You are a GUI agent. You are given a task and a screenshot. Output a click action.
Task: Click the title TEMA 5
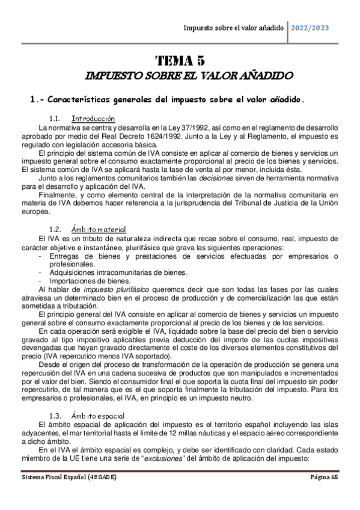point(180,60)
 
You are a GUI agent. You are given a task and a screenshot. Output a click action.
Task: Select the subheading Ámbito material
point(98,229)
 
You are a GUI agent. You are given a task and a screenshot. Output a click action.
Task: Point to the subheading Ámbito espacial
point(97,415)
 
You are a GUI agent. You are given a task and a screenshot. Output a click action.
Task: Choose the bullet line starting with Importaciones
point(90,280)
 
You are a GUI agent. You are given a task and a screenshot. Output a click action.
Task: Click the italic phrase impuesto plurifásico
point(103,289)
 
